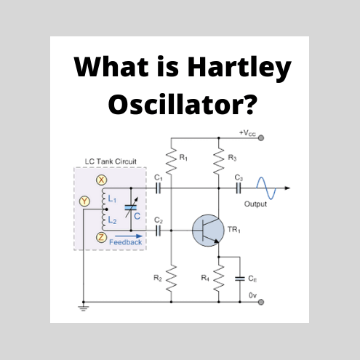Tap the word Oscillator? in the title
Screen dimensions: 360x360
click(x=181, y=105)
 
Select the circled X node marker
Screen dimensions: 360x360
click(x=102, y=179)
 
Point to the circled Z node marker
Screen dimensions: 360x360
click(x=102, y=237)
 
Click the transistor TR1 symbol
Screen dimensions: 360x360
click(x=207, y=230)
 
